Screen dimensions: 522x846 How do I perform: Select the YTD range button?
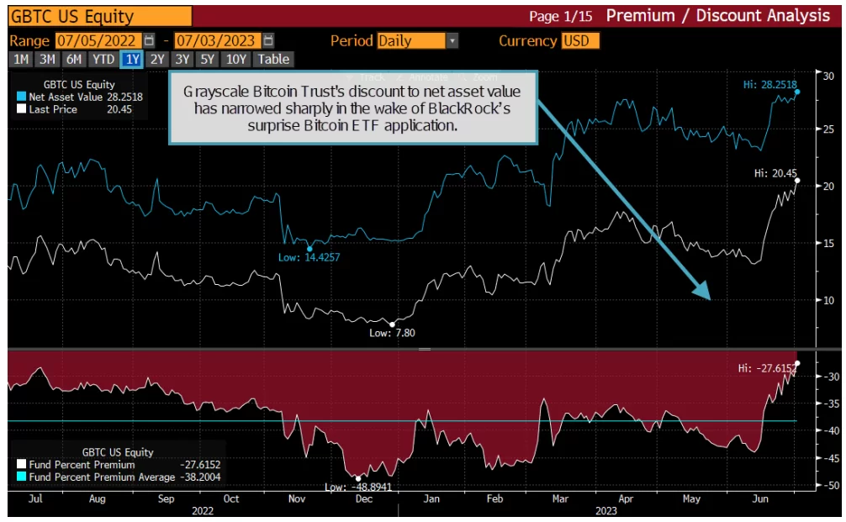pos(103,59)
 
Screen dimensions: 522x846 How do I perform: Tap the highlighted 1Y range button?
pos(132,59)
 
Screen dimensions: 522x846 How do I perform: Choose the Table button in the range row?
pos(273,59)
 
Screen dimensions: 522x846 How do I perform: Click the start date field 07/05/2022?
pos(99,40)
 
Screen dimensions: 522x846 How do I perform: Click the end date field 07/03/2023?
pos(218,40)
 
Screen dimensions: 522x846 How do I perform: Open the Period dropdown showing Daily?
pos(417,40)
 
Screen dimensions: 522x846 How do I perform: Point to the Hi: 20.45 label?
pos(772,173)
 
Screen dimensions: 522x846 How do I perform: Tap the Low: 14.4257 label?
pos(310,257)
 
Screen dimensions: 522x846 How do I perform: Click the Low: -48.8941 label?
pos(361,487)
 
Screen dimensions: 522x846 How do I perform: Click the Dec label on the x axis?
pos(362,498)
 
